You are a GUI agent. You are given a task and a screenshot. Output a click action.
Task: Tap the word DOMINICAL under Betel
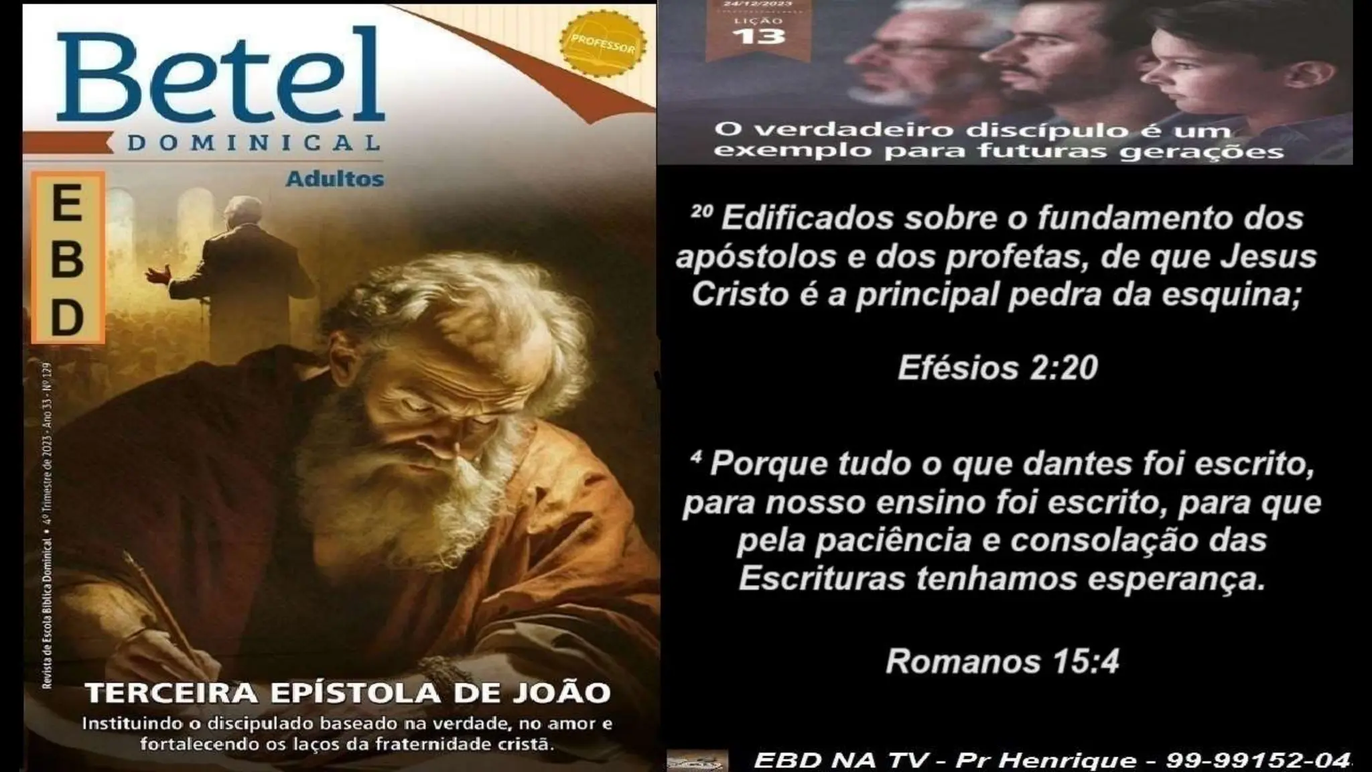(x=253, y=143)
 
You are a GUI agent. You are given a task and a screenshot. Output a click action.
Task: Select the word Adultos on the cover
(x=335, y=180)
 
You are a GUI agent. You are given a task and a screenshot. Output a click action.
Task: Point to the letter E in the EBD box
(x=67, y=204)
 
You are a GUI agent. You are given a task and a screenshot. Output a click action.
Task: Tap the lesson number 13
(x=758, y=35)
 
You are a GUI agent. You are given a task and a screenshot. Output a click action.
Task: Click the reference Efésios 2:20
(x=998, y=368)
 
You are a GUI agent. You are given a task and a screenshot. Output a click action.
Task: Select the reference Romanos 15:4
(x=1002, y=661)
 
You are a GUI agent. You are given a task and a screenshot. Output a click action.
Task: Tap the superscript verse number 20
(x=701, y=212)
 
